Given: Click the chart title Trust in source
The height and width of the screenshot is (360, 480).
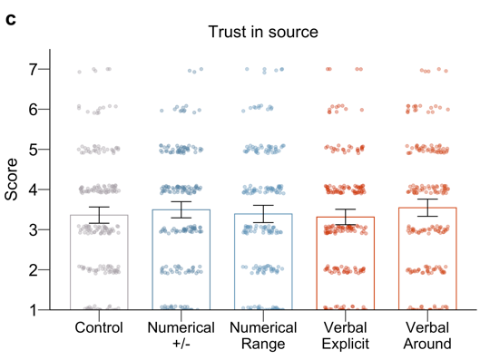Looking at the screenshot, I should click(263, 33).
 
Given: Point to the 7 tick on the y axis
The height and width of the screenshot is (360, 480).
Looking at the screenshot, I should click(33, 69).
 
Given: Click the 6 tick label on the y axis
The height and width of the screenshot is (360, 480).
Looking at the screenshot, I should click(33, 109).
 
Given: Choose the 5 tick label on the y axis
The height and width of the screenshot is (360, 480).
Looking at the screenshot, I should click(33, 149).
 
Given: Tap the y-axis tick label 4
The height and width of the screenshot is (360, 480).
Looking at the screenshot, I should click(33, 190).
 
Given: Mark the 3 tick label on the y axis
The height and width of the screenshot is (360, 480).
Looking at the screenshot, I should click(33, 229).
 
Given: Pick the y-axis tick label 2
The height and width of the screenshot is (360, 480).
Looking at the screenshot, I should click(33, 270).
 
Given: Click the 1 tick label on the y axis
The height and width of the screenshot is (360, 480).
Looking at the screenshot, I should click(33, 310).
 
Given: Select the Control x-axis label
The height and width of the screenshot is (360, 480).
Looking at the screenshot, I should click(99, 327).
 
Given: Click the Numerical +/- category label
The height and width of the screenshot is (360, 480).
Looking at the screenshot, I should click(181, 336).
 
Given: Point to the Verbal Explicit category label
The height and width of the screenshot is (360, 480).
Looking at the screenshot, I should click(346, 336).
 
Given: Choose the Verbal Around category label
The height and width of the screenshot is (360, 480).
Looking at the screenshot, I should click(427, 336).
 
